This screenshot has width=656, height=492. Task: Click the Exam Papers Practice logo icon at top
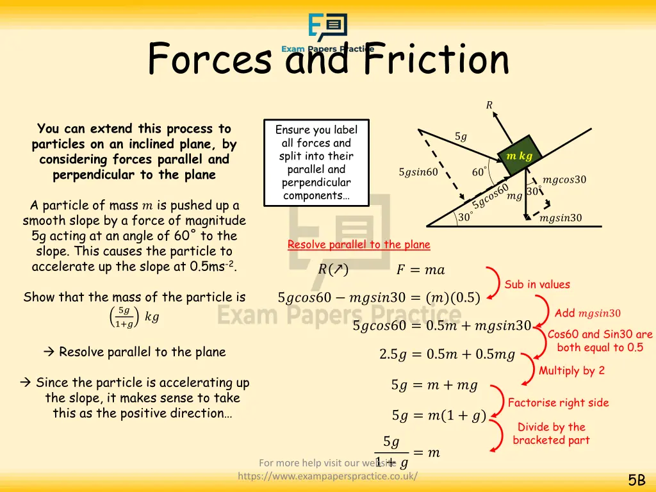click(x=327, y=29)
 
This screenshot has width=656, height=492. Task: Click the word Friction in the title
click(x=436, y=60)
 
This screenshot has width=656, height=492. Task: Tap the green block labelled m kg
click(x=520, y=156)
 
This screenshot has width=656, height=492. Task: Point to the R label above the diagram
click(x=489, y=106)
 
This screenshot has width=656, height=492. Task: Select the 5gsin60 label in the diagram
click(x=418, y=172)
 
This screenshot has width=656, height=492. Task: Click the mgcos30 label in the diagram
click(x=564, y=180)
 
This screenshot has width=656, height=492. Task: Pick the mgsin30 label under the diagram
click(x=561, y=218)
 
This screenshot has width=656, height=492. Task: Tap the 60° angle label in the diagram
click(x=479, y=172)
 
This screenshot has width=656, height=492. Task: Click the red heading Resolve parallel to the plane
click(x=359, y=245)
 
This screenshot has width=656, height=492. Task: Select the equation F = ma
click(x=420, y=270)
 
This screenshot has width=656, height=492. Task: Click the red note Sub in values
click(x=537, y=284)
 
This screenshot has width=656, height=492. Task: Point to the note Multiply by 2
click(x=571, y=370)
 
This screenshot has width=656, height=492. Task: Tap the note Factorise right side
click(x=558, y=403)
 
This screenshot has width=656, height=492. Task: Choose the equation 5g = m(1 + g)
click(x=439, y=416)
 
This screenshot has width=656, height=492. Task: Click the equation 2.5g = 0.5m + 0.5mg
click(x=447, y=355)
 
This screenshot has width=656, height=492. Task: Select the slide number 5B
click(x=636, y=480)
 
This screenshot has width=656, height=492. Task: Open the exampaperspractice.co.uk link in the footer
click(x=327, y=476)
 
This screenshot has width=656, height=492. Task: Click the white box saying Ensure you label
click(x=316, y=163)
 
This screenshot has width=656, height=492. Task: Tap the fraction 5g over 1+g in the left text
click(x=124, y=317)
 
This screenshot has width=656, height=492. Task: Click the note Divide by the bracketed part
click(x=551, y=434)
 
